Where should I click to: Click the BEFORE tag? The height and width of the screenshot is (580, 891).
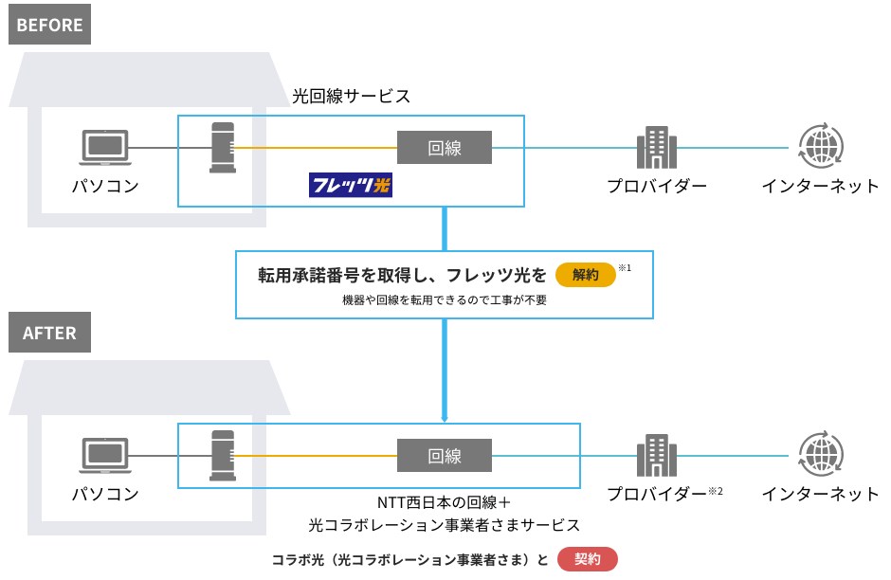click(49, 26)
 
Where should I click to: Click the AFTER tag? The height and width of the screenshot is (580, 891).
click(49, 334)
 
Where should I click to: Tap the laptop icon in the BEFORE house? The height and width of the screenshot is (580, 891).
click(103, 148)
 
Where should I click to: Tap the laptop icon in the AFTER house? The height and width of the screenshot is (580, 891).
click(103, 456)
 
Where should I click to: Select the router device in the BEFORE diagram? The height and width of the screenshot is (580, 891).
click(223, 147)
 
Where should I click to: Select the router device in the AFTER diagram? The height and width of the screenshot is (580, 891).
click(223, 455)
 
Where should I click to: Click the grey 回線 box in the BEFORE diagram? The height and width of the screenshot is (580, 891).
click(444, 148)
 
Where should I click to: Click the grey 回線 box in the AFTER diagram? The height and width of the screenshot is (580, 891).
click(444, 456)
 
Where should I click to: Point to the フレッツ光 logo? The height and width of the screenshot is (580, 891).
click(351, 184)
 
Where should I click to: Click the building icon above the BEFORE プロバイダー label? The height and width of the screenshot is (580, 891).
click(655, 147)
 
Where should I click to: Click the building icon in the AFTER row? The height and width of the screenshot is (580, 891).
click(655, 456)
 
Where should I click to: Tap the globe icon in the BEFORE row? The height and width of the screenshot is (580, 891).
click(820, 147)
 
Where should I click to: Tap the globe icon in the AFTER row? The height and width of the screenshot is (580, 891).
click(820, 456)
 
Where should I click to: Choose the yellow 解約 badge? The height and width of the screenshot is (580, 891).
click(585, 275)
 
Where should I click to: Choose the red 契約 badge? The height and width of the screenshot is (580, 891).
click(588, 559)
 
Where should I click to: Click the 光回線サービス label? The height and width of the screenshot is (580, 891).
click(351, 96)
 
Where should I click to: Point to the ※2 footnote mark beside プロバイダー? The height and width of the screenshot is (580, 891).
click(717, 490)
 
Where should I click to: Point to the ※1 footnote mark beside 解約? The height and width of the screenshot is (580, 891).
click(625, 269)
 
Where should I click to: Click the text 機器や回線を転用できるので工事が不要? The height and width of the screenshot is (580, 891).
click(445, 300)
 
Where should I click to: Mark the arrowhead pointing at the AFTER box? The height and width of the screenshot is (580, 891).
click(444, 417)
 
